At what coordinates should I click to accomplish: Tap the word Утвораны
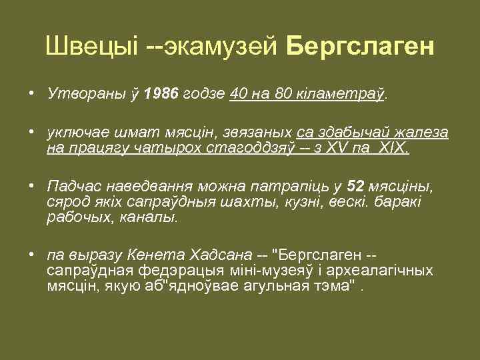tap(83, 95)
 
